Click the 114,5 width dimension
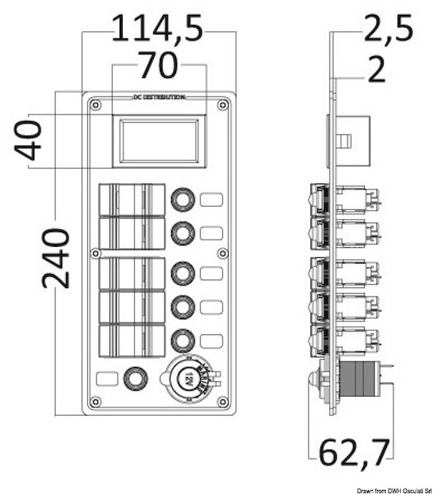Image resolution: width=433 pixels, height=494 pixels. pyautogui.click(x=156, y=30)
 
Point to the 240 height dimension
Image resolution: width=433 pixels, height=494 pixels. pyautogui.click(x=54, y=258)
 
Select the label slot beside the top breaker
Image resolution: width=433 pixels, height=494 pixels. pyautogui.click(x=212, y=198)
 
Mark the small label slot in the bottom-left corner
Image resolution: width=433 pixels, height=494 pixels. pyautogui.click(x=105, y=380)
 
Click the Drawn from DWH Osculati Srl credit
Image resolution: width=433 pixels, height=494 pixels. pyautogui.click(x=382, y=487)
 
